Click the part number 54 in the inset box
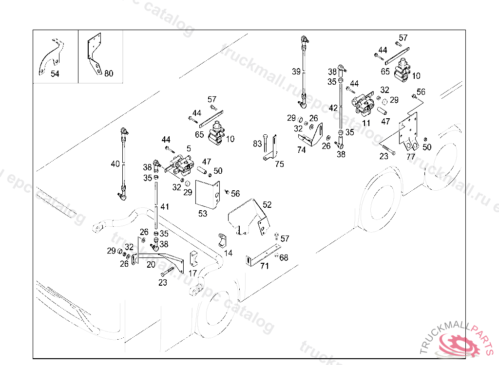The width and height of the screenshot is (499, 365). pyautogui.click(x=55, y=73)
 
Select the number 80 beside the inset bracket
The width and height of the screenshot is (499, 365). pyautogui.click(x=109, y=73)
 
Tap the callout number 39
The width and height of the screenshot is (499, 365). pyautogui.click(x=296, y=72)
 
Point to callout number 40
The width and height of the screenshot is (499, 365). pyautogui.click(x=115, y=164)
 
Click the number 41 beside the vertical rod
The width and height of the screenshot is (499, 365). pyautogui.click(x=165, y=207)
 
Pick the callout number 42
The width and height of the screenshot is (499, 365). pyautogui.click(x=333, y=108)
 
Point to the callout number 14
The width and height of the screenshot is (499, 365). pyautogui.click(x=228, y=253)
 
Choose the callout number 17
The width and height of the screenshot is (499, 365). pyautogui.click(x=193, y=273)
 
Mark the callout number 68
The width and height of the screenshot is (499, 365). pyautogui.click(x=284, y=257)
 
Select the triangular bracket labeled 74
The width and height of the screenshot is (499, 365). pyautogui.click(x=314, y=134)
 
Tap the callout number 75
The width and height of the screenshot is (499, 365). pyautogui.click(x=279, y=164)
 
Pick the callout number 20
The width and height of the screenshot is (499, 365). pyautogui.click(x=151, y=264)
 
